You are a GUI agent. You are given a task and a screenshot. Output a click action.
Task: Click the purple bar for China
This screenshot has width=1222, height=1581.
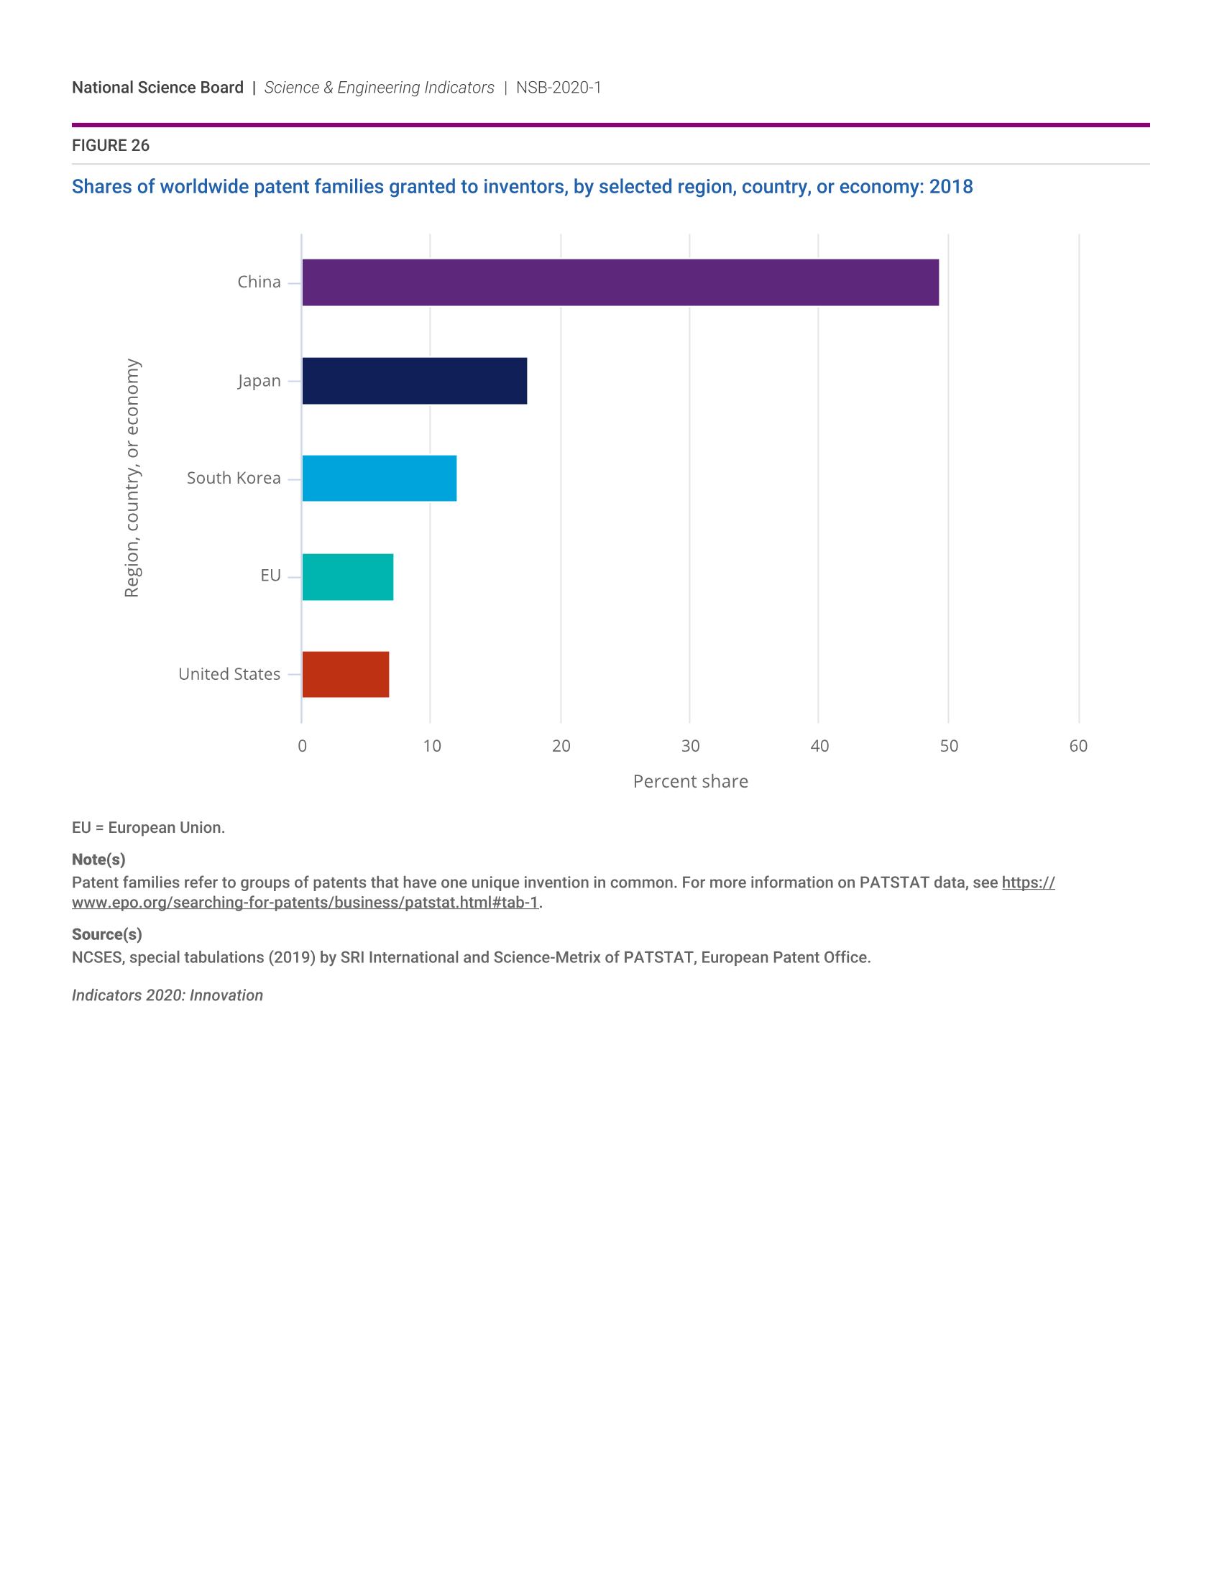[620, 282]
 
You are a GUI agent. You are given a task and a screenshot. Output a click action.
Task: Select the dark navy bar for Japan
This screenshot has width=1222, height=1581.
[414, 381]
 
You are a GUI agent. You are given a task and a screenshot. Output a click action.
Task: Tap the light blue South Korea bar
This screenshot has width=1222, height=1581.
[379, 479]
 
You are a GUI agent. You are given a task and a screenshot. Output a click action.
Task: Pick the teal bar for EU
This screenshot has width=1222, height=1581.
[347, 577]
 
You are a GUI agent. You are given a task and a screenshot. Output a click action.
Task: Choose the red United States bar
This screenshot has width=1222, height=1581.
[345, 675]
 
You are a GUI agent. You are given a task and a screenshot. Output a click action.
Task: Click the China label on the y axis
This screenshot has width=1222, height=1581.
[259, 282]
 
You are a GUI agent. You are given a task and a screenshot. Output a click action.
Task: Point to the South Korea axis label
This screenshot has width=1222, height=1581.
[233, 478]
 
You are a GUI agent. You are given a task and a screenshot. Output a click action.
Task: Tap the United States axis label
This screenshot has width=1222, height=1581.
[229, 674]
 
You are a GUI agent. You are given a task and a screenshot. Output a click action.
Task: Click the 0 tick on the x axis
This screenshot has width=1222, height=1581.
[302, 747]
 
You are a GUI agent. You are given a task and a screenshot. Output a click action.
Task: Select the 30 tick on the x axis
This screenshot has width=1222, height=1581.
[690, 747]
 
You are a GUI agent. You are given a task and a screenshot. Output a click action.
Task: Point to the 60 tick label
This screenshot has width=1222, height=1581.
[1078, 747]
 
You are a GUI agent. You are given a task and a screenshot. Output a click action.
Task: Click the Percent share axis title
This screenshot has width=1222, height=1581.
[690, 782]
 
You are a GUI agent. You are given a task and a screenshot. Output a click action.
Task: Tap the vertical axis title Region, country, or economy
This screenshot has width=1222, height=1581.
[132, 478]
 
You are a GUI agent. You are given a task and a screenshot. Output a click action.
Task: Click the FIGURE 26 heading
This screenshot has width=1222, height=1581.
[110, 145]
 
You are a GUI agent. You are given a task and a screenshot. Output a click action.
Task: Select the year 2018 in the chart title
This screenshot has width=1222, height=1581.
[950, 187]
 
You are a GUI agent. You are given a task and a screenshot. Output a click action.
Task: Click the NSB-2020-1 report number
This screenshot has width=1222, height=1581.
[558, 88]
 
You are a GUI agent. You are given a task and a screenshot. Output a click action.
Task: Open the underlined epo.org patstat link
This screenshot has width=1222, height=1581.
[305, 903]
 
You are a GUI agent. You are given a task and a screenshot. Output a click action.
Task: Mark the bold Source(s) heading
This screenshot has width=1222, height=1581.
[106, 934]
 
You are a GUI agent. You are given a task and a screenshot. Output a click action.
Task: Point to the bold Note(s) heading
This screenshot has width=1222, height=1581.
[98, 859]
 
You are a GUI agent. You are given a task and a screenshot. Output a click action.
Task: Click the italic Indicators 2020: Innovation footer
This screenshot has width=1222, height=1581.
[167, 995]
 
